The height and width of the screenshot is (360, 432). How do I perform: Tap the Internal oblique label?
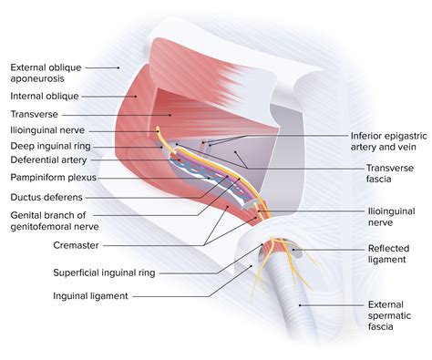45,96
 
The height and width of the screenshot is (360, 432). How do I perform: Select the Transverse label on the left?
35,114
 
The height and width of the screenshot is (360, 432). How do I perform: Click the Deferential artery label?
47,161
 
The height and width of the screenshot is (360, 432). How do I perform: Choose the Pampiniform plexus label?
53,178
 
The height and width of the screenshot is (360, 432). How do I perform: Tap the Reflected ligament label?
389,253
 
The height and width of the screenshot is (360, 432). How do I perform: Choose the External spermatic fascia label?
391,316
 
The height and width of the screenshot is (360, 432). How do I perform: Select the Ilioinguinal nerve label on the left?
46,129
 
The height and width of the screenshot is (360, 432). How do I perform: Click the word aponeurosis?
43,79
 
